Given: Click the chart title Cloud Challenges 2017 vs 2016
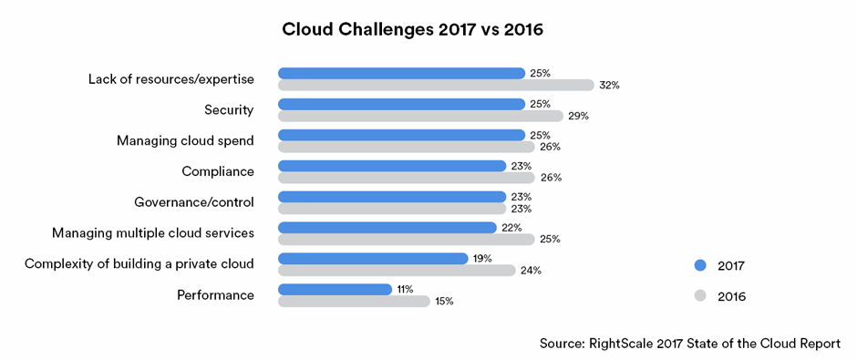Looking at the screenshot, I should (x=412, y=30).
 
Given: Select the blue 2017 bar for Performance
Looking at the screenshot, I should (x=335, y=289).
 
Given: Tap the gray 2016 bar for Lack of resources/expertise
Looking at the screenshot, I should (x=436, y=85).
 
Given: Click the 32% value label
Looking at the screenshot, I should (x=610, y=85).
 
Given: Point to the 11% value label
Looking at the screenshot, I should (x=406, y=289).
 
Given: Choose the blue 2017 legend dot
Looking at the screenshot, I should (x=700, y=265).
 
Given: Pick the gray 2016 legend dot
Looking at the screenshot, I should (x=700, y=296).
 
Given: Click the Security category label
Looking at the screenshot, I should (x=229, y=110).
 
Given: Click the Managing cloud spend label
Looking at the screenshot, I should (x=185, y=140).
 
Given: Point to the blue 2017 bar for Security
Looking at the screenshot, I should (x=401, y=104).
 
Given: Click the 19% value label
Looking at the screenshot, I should (x=482, y=258).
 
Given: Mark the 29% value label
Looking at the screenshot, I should (x=578, y=116).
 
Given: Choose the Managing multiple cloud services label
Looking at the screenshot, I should (x=152, y=233).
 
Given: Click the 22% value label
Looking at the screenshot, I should (x=511, y=227).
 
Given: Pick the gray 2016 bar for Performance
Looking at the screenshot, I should (x=354, y=301).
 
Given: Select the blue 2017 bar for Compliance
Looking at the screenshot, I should (x=392, y=166).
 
